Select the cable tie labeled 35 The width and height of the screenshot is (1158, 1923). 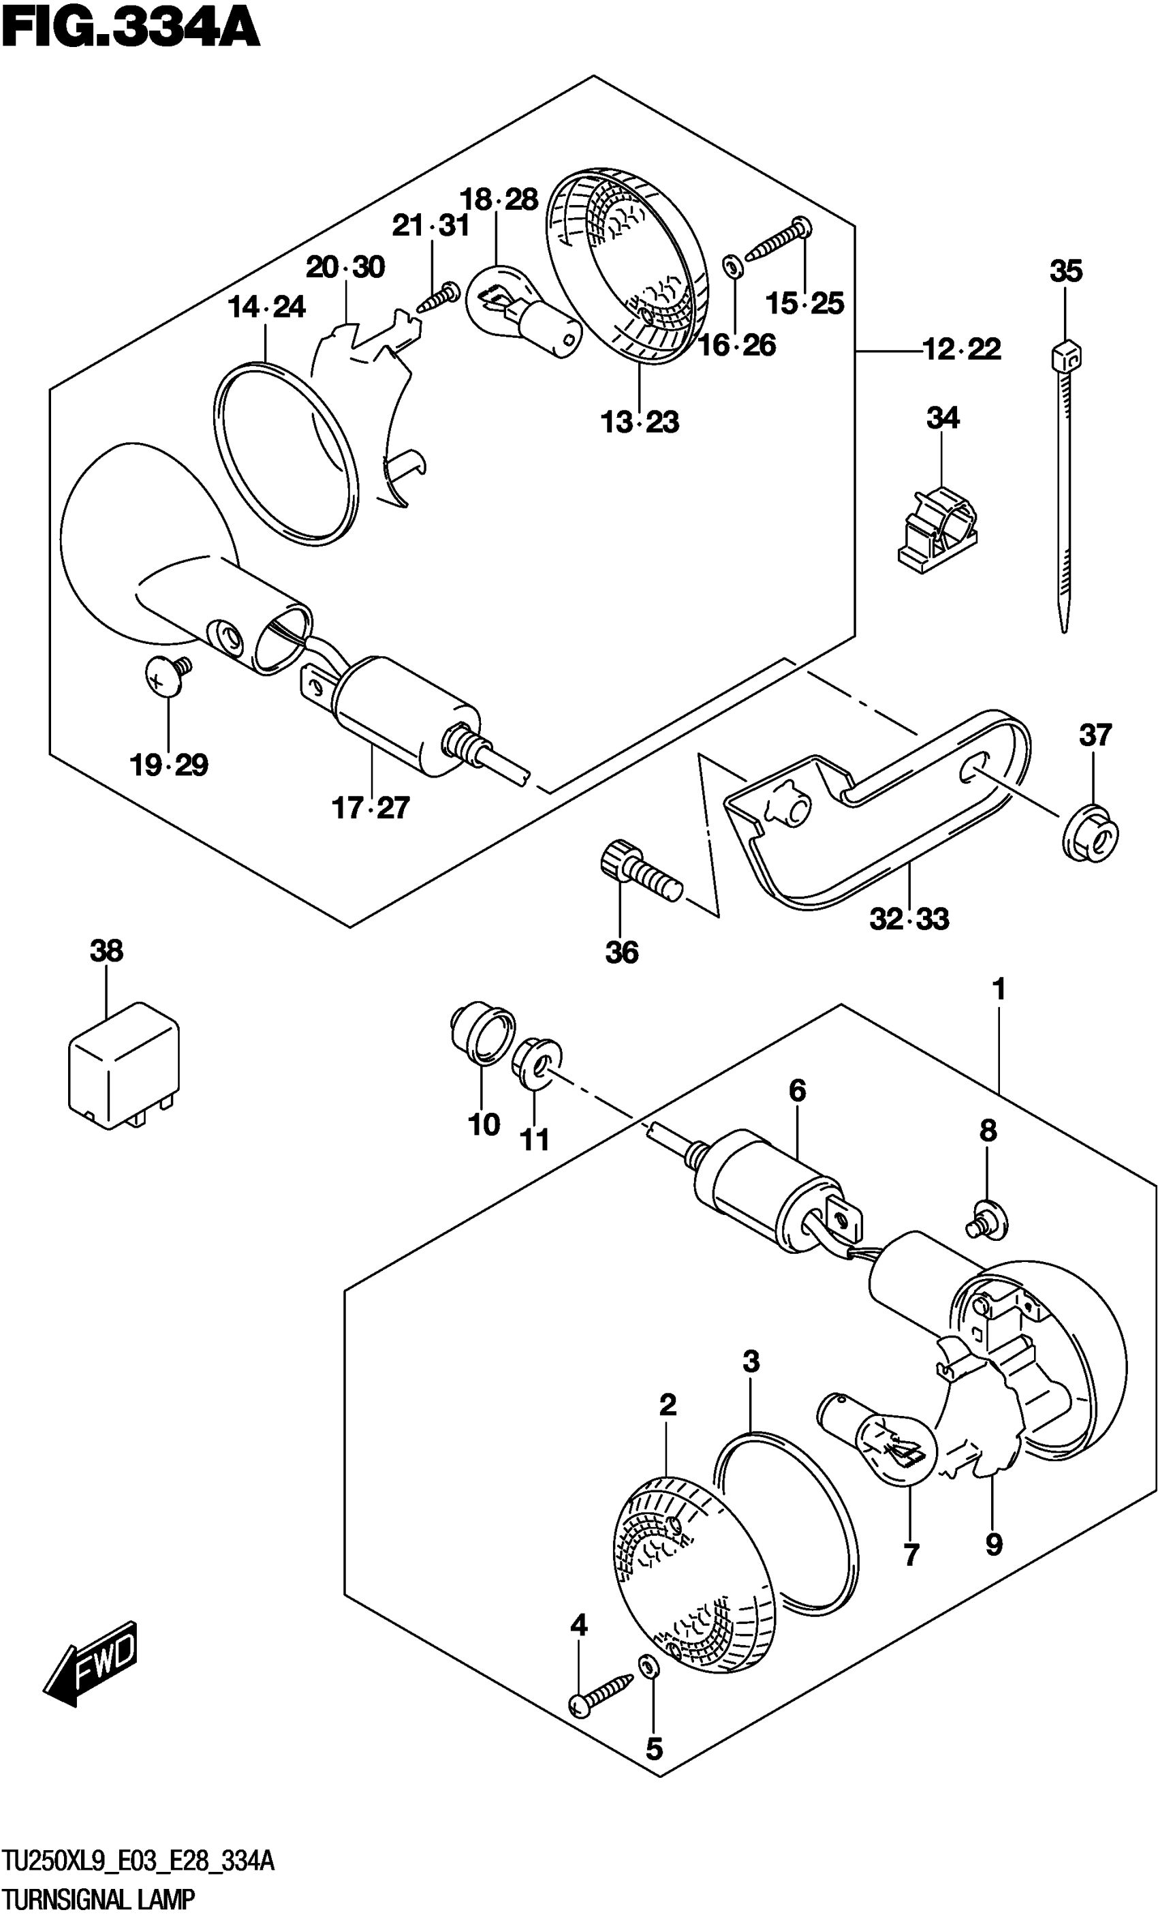click(x=1065, y=484)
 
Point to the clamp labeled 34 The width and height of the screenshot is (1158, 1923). click(x=937, y=527)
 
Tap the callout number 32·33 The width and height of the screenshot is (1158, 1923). click(x=909, y=919)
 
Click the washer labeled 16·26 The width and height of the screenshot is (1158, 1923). click(x=733, y=267)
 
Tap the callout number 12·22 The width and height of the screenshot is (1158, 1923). click(x=961, y=349)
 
